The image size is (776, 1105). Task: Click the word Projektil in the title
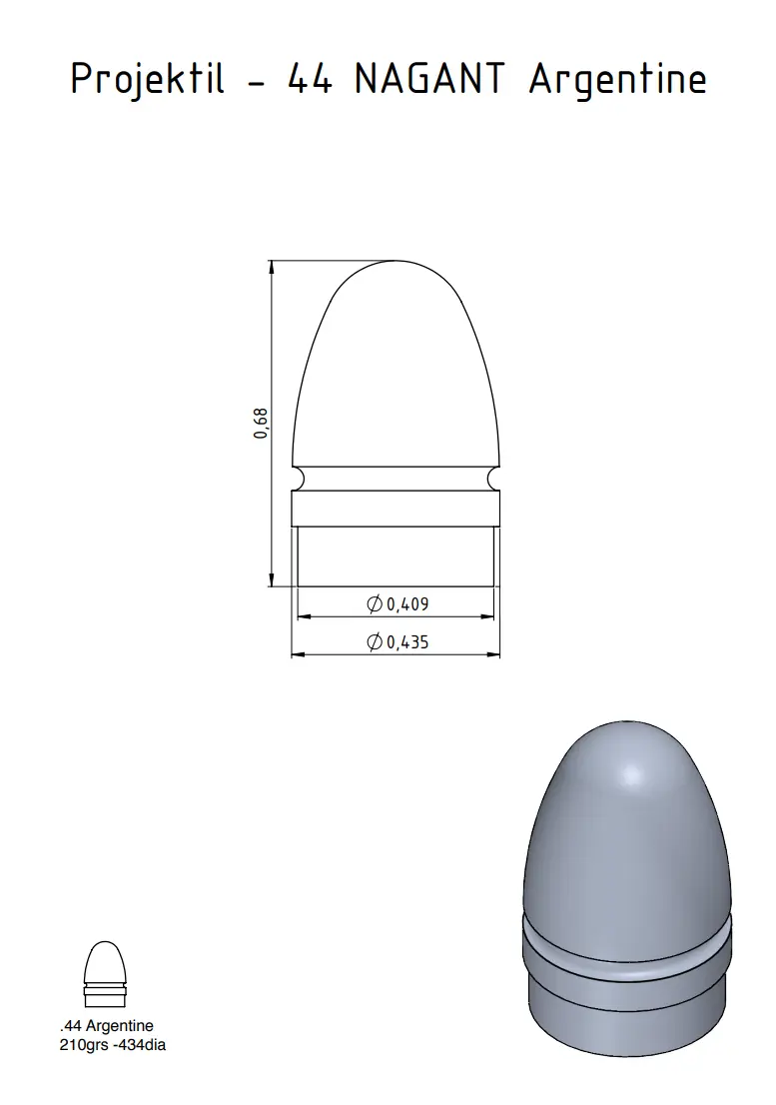[x=148, y=78]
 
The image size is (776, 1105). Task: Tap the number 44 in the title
[x=310, y=78]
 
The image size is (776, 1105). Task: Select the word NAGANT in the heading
[x=429, y=78]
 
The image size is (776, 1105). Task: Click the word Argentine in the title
[x=617, y=80]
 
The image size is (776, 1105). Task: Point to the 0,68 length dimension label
[x=261, y=423]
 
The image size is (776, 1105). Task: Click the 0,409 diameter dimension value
[x=407, y=603]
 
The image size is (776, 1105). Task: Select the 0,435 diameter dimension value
[x=407, y=642]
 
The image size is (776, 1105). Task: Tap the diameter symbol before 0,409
[x=375, y=603]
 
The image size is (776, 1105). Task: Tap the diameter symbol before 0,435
[x=375, y=642]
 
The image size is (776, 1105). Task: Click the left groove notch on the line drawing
[x=300, y=480]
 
